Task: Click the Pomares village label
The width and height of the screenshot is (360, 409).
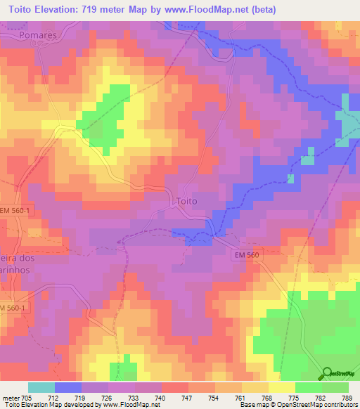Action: [38, 34]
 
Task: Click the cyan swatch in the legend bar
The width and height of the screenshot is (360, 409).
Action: [41, 387]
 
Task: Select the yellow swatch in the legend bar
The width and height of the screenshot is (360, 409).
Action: [281, 387]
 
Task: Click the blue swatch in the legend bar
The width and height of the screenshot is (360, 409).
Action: [68, 387]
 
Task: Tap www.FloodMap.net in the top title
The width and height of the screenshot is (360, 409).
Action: [209, 9]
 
